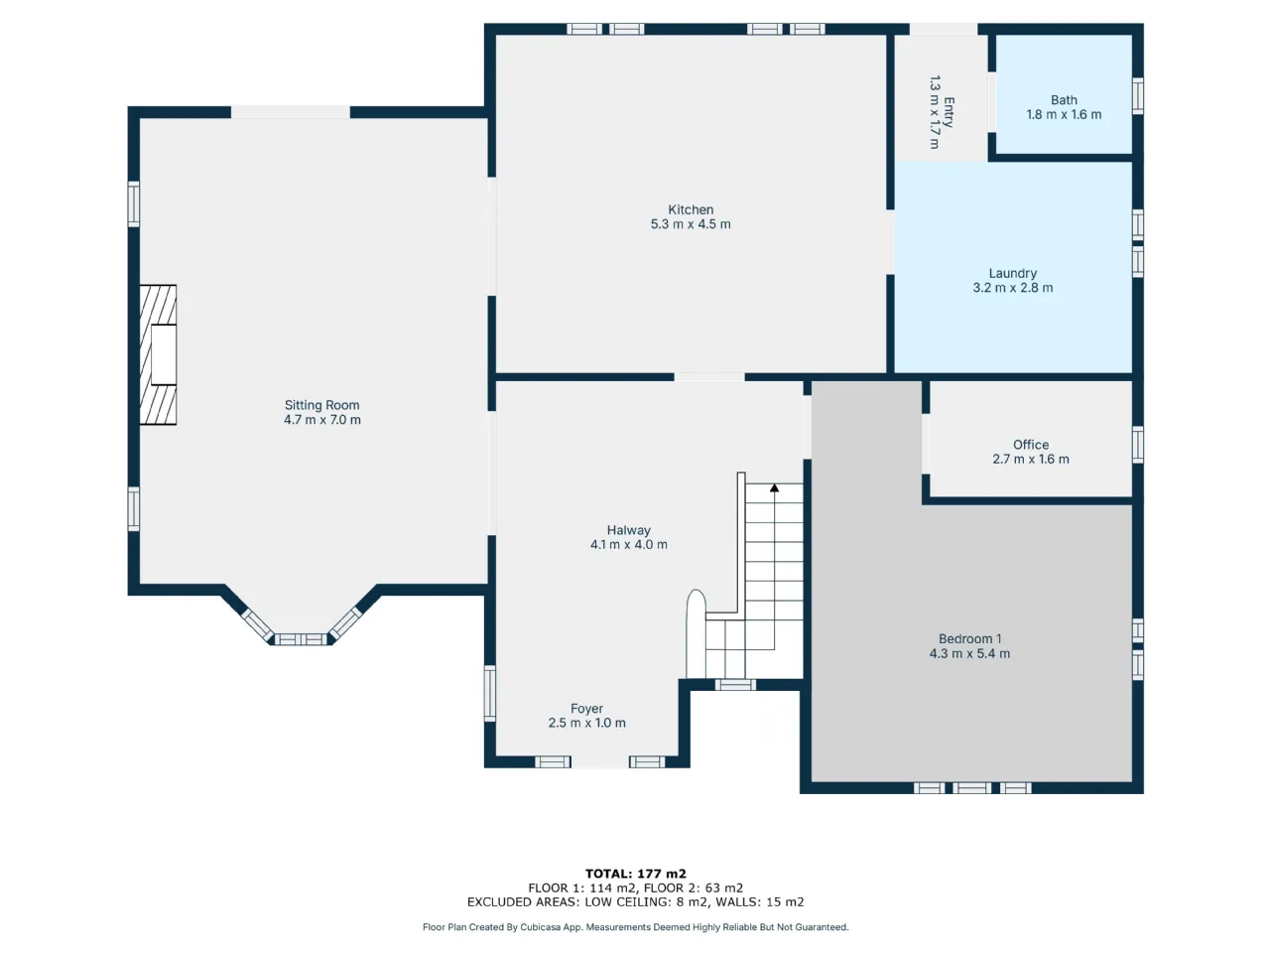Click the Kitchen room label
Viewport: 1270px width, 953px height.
pos(691,209)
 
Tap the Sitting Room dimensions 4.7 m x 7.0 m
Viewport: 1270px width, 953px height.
pos(322,420)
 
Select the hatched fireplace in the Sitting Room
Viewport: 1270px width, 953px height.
pos(158,354)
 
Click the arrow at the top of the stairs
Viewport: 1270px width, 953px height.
pos(774,488)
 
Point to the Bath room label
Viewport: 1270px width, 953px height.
pos(1064,100)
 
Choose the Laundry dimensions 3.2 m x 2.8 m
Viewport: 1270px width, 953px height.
pos(1013,288)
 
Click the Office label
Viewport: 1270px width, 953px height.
pos(1031,445)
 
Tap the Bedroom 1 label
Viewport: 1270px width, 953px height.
pos(969,638)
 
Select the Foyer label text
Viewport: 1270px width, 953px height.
pos(586,708)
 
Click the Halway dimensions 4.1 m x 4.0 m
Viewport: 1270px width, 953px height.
pos(629,544)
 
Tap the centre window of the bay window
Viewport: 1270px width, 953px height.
pos(301,639)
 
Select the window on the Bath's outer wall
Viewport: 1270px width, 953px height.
pos(1137,95)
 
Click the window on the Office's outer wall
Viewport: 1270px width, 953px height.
pos(1137,445)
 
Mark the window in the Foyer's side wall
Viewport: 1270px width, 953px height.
pos(490,693)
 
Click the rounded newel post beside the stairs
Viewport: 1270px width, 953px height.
pos(696,633)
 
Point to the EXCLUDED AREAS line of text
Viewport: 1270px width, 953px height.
pos(635,901)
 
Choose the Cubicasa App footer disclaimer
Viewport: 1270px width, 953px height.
pos(635,927)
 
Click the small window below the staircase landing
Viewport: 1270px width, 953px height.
pos(735,685)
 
